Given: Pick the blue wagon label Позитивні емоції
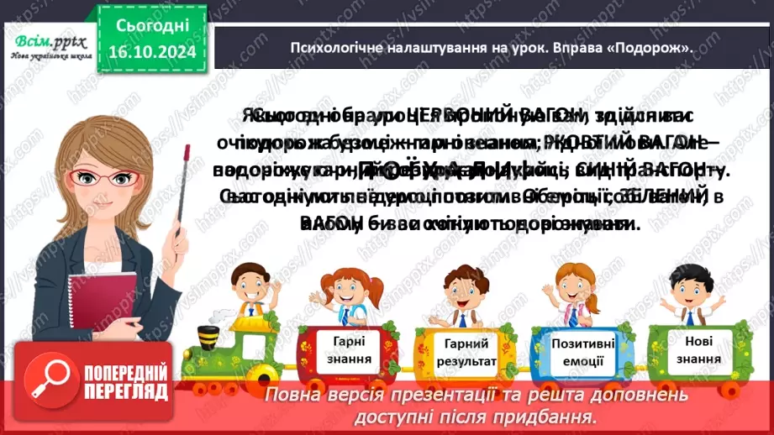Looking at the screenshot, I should pos(582,351).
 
